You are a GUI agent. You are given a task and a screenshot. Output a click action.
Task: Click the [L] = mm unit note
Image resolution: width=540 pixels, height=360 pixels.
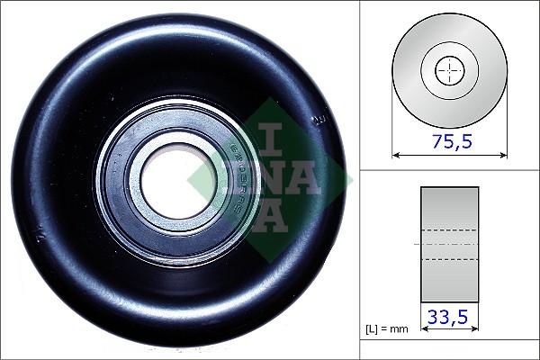point(387,329)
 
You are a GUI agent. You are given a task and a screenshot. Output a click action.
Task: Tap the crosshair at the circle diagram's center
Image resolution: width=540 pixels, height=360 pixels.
point(448,70)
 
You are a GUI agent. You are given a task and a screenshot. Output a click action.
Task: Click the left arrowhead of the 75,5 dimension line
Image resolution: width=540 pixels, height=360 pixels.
point(395,155)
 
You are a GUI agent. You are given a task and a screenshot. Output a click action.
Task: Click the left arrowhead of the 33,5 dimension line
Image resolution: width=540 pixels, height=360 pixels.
point(423,329)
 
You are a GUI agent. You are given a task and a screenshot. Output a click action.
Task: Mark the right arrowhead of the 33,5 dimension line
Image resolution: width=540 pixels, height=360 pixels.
point(475,329)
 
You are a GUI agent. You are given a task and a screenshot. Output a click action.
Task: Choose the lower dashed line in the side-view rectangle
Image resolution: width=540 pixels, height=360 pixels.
point(449,259)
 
